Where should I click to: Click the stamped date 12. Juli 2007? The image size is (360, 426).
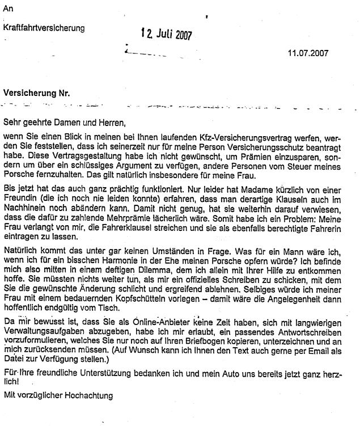click(166, 33)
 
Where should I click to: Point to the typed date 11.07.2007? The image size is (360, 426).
click(308, 53)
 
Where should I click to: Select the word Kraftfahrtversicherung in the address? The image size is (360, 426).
click(44, 27)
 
